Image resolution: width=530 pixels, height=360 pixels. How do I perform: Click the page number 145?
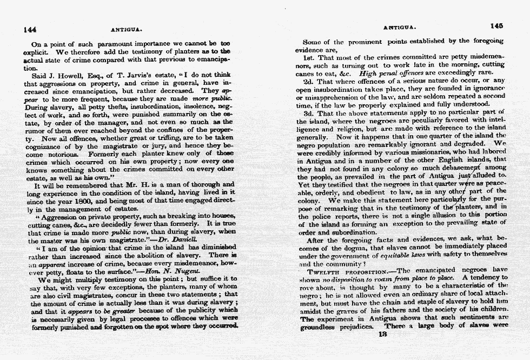(497, 25)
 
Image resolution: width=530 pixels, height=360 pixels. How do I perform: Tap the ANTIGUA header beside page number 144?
(124, 30)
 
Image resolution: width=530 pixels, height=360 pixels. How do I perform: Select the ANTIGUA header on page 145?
(399, 26)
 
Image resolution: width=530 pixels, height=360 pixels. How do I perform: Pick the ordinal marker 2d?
(309, 81)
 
